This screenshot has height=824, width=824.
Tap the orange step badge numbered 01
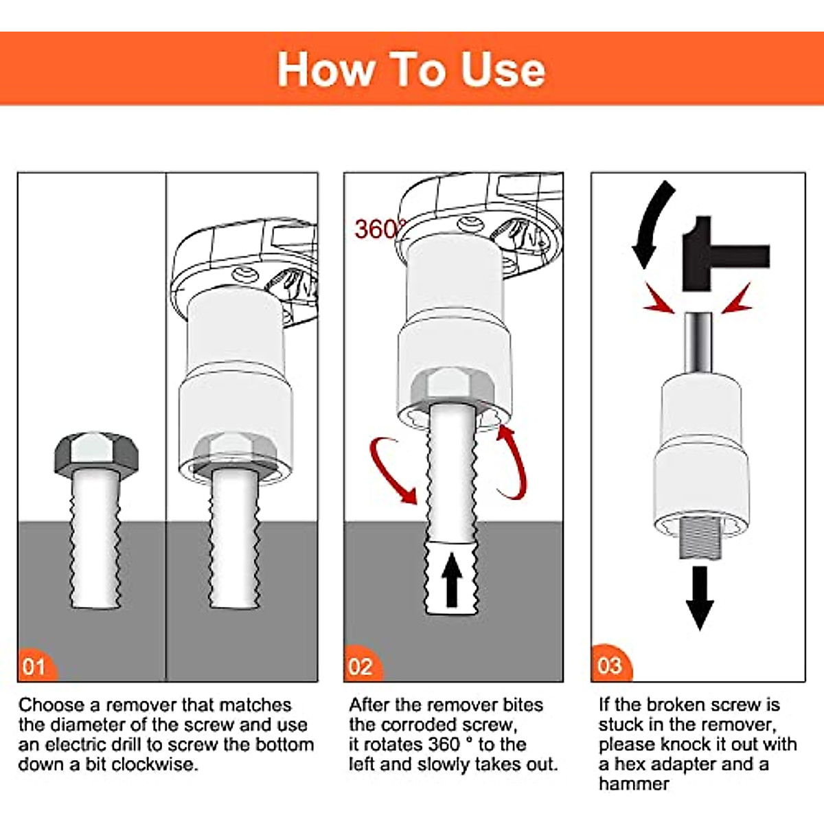coord(36,666)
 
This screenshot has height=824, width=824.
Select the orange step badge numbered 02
coord(363,666)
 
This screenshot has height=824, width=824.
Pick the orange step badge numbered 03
coord(610,665)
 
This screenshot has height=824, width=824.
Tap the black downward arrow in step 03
coord(700,597)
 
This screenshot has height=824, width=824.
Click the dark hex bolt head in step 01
coord(96,453)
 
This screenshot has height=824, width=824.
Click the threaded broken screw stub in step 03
coord(700,538)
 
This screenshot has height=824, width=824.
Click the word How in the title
coord(326,70)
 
